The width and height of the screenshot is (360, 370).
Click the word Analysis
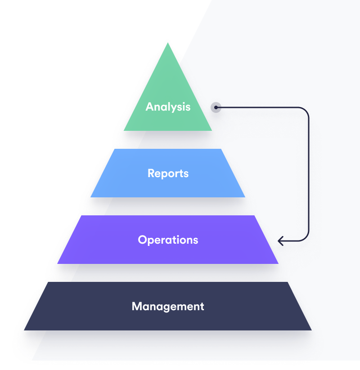tap(168, 107)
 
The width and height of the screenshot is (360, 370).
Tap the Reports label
tap(168, 174)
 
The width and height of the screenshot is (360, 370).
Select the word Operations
tap(168, 240)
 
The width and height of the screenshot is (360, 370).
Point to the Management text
tap(168, 307)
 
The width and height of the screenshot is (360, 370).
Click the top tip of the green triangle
tap(168, 43)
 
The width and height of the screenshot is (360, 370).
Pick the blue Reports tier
tap(168, 173)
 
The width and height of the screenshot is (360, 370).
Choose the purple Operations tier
tap(168, 240)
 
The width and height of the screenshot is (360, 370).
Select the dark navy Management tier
tap(168, 306)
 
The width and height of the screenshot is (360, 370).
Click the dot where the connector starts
tap(216, 107)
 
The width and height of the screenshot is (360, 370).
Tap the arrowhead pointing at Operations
tap(280, 241)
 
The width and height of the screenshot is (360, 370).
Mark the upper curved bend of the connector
tap(306, 111)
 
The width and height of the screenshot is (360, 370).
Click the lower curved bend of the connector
tap(306, 238)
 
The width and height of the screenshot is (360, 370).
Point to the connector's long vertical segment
tap(309, 174)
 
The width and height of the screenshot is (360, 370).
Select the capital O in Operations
tap(143, 240)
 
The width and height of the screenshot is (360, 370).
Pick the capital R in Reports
tap(151, 173)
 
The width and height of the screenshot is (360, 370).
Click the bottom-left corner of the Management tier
tap(24, 330)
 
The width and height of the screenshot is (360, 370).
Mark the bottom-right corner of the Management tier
tap(311, 330)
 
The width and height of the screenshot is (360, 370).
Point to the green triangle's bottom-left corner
tap(124, 131)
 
